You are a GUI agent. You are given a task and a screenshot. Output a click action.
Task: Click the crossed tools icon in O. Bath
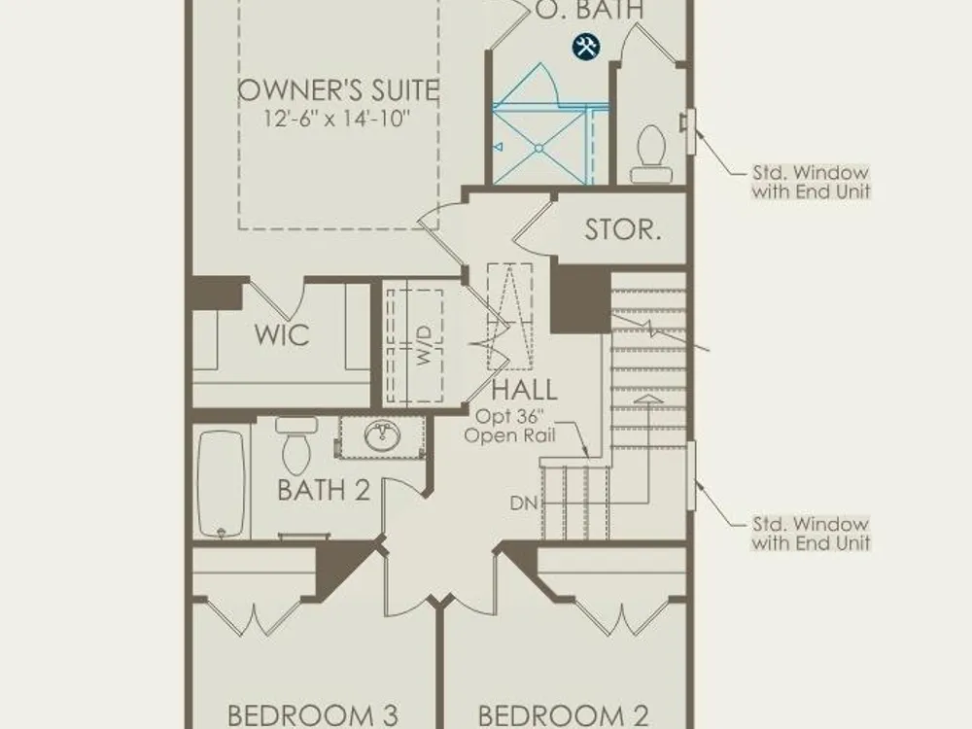(586, 47)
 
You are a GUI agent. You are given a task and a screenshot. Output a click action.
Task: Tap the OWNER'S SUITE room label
(338, 90)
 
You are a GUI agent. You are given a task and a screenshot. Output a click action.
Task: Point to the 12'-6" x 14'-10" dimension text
(337, 118)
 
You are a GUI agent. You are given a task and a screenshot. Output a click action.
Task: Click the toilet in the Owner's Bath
(651, 155)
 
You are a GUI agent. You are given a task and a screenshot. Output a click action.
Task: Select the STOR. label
(622, 230)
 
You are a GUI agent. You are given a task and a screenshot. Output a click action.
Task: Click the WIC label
(282, 335)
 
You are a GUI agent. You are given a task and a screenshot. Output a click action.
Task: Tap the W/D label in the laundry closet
(424, 345)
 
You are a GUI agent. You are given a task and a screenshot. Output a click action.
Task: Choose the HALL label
(525, 391)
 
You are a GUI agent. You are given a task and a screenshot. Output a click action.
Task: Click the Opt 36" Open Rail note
(509, 426)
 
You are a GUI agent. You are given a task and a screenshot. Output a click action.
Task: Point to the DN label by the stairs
(524, 503)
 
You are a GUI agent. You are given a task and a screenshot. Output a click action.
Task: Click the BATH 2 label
(324, 490)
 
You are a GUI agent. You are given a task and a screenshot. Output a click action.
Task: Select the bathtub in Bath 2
(221, 483)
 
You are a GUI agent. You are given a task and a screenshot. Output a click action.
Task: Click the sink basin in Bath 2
(382, 435)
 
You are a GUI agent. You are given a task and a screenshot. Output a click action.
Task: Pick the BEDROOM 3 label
(312, 715)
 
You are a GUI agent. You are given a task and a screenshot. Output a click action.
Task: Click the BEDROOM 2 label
(564, 715)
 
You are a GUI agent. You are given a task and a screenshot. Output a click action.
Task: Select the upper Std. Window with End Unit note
(811, 182)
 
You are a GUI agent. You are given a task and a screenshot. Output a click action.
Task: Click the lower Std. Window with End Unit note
(811, 533)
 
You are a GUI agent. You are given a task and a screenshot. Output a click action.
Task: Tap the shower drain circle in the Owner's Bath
(538, 148)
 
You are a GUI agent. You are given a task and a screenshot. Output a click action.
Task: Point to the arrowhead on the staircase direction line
(648, 399)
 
